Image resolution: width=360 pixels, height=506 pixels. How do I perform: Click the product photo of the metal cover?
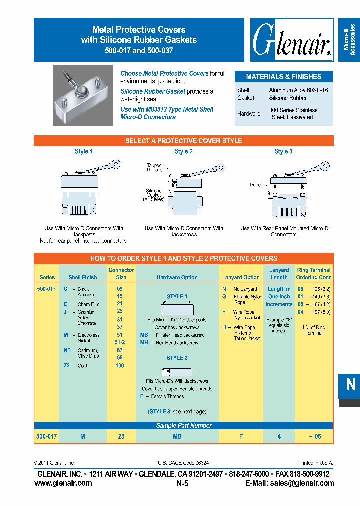tap(83, 96)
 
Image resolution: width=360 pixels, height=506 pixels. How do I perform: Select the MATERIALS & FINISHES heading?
tap(283, 77)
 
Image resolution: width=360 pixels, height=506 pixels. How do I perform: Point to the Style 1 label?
tap(84, 151)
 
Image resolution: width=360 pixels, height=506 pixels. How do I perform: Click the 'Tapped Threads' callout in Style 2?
tap(154, 167)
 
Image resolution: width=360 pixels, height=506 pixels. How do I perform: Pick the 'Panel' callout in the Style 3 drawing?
tap(256, 185)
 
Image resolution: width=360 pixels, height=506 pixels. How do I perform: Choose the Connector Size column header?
tap(121, 274)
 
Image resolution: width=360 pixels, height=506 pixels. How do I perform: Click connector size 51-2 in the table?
tap(120, 342)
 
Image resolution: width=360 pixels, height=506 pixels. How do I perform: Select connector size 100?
tap(120, 366)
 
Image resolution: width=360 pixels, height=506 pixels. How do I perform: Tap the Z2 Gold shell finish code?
tap(67, 366)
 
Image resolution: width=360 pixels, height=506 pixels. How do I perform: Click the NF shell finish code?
tap(67, 350)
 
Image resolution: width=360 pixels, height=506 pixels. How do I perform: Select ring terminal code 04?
tap(300, 312)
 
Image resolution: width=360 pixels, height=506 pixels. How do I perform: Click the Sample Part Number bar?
tap(183, 426)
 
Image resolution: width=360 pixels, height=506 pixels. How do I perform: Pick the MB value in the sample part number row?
tap(177, 436)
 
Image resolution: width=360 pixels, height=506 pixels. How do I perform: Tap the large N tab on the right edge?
tap(350, 385)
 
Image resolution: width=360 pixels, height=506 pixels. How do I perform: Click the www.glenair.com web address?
tap(63, 483)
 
